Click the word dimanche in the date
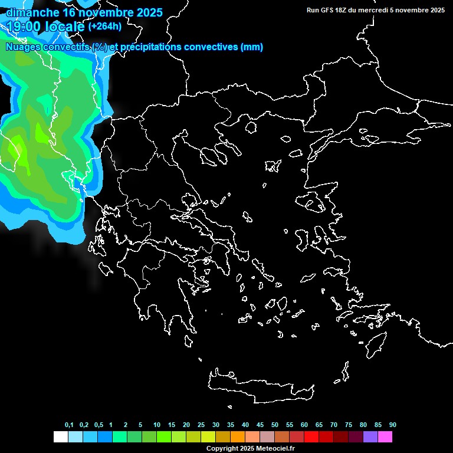[32, 12]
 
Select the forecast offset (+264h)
[105, 27]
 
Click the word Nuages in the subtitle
[23, 47]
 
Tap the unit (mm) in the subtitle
[252, 47]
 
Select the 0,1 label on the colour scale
[69, 425]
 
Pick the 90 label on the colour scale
[392, 425]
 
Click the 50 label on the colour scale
[274, 425]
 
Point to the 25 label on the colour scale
[201, 425]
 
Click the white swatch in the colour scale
[60, 437]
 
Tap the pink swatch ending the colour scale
[385, 437]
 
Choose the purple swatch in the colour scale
[370, 437]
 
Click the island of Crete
[260, 386]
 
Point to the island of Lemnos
[273, 165]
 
